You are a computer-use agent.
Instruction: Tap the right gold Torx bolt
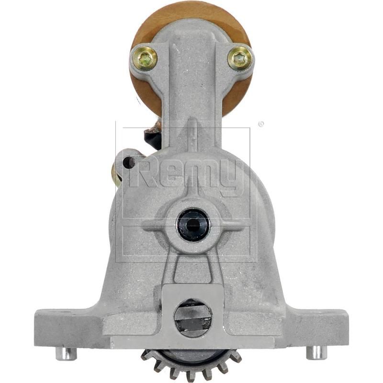coord(239,59)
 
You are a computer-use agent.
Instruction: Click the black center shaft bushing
coord(193,224)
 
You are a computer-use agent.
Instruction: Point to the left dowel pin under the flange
coord(66,353)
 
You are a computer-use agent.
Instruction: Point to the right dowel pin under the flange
coord(316,352)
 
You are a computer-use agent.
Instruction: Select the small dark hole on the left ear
coord(128,163)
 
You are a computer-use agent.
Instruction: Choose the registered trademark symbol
coord(260,124)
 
